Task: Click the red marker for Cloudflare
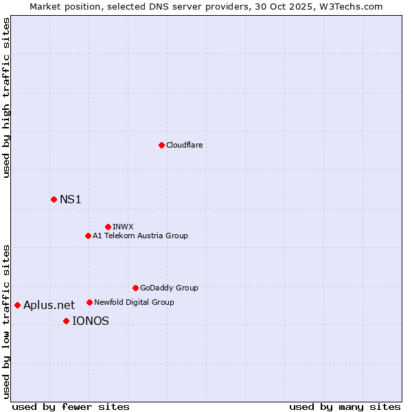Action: tap(161, 145)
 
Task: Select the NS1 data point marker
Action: tap(54, 199)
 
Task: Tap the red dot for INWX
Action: tap(108, 227)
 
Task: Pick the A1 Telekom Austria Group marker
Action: tap(88, 236)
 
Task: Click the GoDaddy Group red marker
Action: tap(135, 288)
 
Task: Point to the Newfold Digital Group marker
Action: tap(89, 302)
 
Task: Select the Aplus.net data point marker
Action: tap(17, 305)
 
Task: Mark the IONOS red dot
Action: tap(66, 321)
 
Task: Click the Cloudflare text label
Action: tap(184, 145)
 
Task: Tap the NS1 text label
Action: tap(71, 199)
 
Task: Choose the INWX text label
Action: tap(124, 227)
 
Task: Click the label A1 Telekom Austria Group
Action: tap(140, 236)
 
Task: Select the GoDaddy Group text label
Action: tap(169, 288)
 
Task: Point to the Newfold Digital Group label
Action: tap(134, 302)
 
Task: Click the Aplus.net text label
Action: tap(49, 305)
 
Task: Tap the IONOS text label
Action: tap(90, 321)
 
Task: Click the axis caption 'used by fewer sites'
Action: tap(71, 407)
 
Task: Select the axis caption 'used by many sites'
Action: tap(345, 407)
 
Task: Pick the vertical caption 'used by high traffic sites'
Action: tap(7, 98)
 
